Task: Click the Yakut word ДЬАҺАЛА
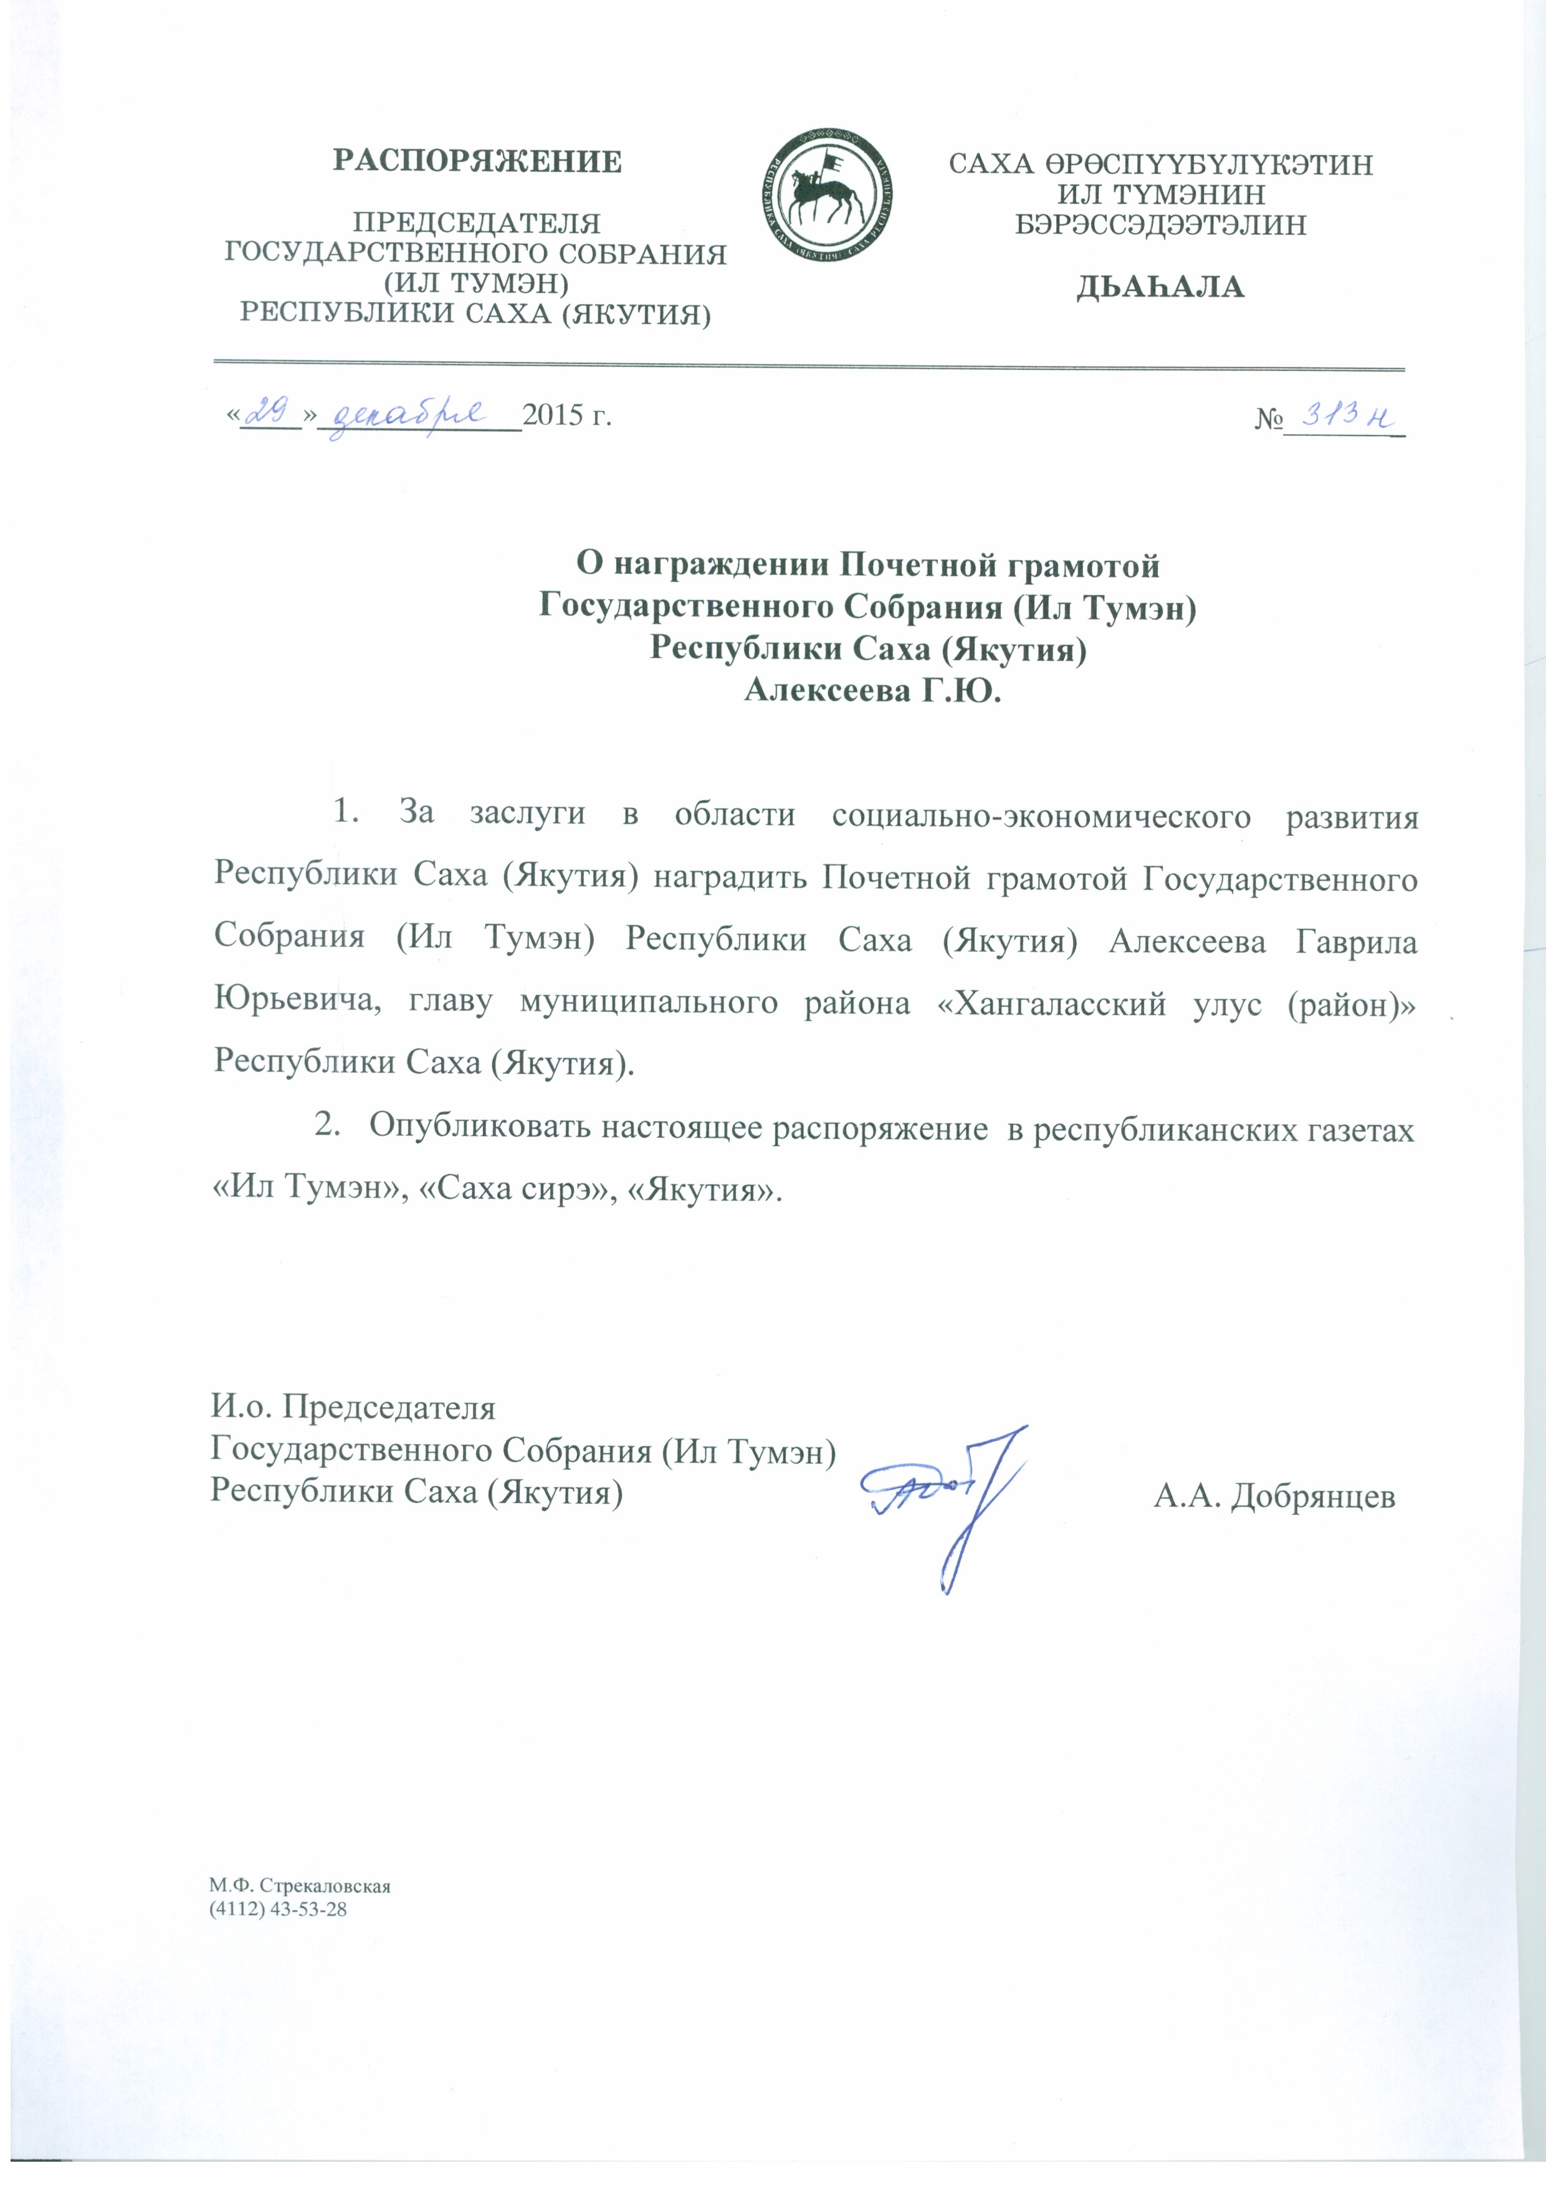tap(1160, 287)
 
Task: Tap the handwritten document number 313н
tap(1344, 413)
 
